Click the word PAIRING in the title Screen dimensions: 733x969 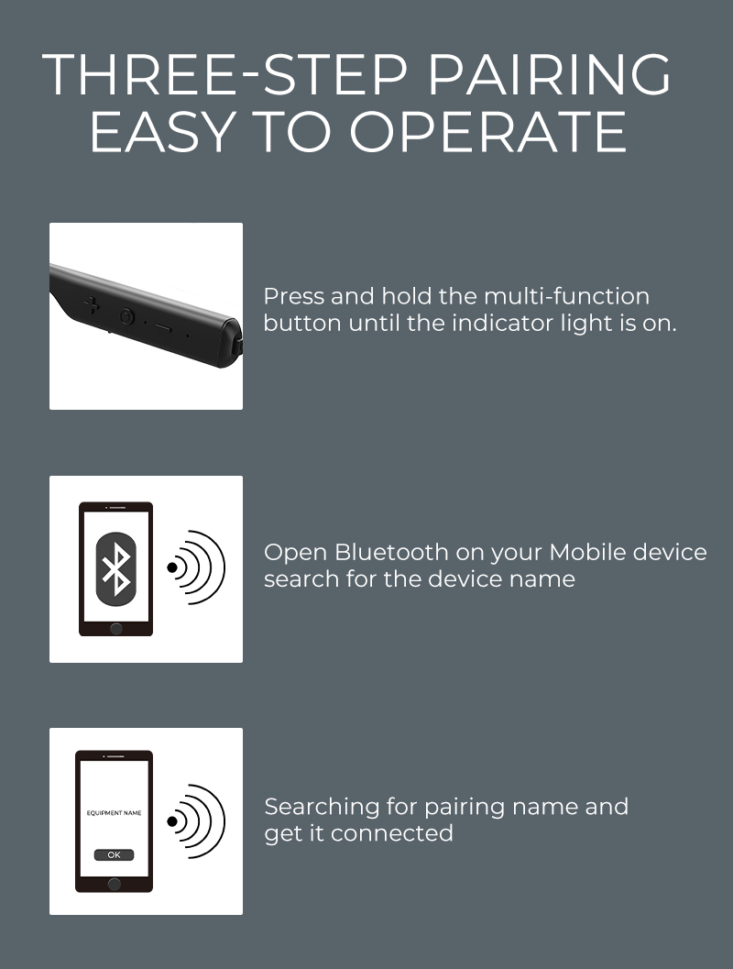coord(549,75)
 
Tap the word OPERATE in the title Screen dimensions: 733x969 coord(488,132)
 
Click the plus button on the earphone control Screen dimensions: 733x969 coord(92,304)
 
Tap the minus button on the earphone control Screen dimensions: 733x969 coord(163,325)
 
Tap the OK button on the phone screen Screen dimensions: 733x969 coord(115,854)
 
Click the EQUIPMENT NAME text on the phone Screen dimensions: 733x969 coord(115,812)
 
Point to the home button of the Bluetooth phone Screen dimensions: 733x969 coord(116,629)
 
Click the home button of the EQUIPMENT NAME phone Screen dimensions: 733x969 coord(115,884)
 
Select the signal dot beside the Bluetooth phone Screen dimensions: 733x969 coord(172,567)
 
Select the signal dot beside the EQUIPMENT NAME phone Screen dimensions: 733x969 coord(172,821)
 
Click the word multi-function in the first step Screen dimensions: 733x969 coord(566,297)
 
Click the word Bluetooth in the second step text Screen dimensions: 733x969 coord(391,552)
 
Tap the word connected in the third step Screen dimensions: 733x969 coord(392,833)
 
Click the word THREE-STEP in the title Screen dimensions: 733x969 coord(224,75)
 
